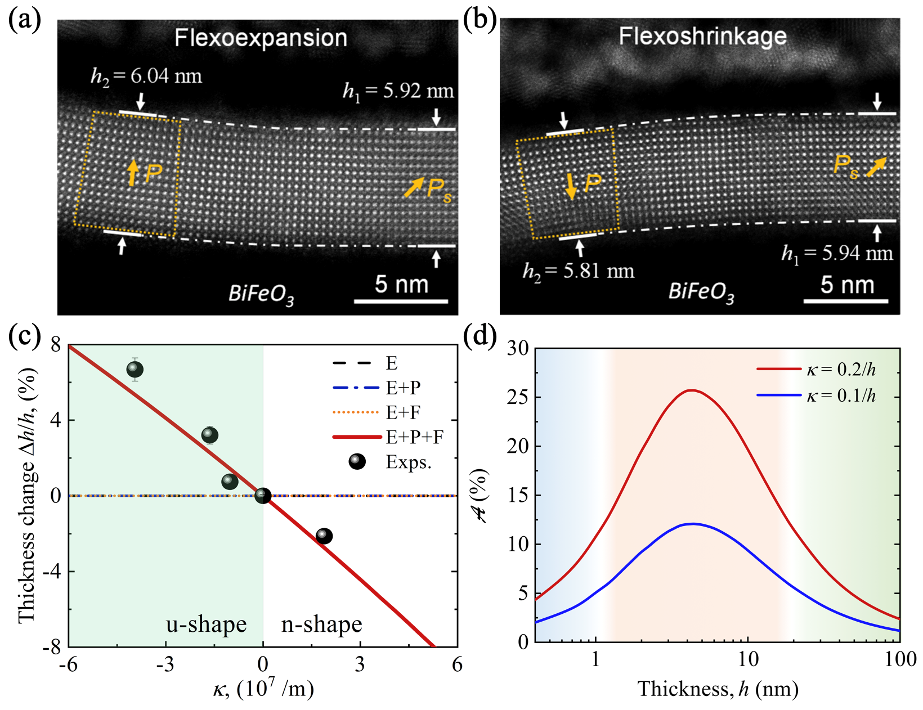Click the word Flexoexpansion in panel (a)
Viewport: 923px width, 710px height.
coord(261,38)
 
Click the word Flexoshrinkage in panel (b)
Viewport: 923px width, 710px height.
coord(702,37)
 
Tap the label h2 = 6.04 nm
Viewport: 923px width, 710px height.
coord(146,76)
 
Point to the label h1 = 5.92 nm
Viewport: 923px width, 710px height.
coord(398,91)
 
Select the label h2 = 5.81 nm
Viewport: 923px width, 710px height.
coord(578,271)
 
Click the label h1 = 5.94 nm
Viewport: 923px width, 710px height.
coord(837,254)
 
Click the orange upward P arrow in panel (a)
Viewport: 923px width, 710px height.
coord(132,173)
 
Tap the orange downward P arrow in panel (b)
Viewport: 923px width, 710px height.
coord(571,186)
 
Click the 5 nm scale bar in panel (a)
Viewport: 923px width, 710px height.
coord(401,302)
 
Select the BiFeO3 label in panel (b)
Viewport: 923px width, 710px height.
coord(701,293)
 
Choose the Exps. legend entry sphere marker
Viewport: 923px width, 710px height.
coord(357,462)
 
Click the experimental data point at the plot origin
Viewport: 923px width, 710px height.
coord(263,496)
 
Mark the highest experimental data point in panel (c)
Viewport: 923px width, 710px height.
coord(135,370)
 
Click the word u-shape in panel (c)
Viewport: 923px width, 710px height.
coord(206,624)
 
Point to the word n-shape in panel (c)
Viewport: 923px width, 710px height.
coord(321,624)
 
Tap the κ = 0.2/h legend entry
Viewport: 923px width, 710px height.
coord(816,370)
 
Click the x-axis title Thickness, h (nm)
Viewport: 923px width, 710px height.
coord(718,689)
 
